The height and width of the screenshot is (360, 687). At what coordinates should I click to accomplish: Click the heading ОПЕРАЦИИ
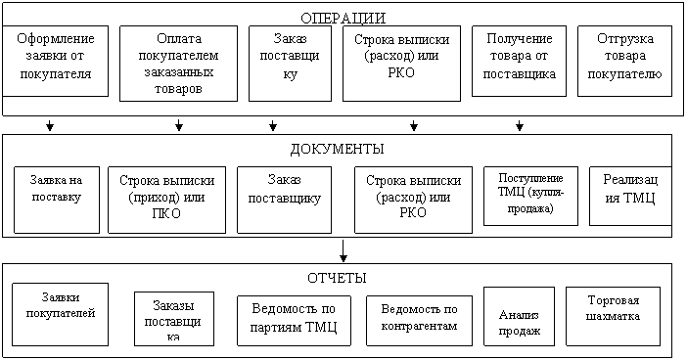(343, 19)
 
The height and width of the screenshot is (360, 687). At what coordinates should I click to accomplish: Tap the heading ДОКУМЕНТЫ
(337, 149)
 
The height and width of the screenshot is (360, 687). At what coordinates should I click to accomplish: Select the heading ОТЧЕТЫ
(337, 278)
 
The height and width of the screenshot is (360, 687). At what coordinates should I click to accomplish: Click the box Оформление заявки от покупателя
(55, 61)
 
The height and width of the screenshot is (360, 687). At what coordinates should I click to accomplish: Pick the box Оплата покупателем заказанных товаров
(179, 64)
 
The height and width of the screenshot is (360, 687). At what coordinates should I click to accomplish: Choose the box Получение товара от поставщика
(520, 61)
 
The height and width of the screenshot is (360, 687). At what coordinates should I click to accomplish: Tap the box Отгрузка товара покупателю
(624, 61)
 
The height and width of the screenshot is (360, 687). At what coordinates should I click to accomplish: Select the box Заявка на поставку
(57, 200)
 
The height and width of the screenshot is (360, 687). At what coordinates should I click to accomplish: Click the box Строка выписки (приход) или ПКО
(167, 200)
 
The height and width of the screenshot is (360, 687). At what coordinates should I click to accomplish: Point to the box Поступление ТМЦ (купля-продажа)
(531, 196)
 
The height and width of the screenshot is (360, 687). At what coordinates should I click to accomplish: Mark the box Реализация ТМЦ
(630, 196)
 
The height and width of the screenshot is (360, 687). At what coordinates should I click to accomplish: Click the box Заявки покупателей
(61, 314)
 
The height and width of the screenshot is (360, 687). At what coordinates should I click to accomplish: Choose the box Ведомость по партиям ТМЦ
(294, 321)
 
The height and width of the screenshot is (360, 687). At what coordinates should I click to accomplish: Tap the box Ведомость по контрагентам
(419, 321)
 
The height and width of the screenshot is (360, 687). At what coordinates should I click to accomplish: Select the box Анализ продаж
(520, 316)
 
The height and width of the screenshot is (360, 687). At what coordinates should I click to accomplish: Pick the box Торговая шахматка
(614, 316)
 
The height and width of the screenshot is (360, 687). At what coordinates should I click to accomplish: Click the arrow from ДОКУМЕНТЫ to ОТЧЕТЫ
(343, 250)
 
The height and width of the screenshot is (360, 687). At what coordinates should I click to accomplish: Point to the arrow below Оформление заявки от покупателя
(50, 125)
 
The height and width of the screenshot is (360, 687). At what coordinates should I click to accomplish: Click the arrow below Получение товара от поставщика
(520, 125)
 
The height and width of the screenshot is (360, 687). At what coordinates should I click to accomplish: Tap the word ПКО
(166, 213)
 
